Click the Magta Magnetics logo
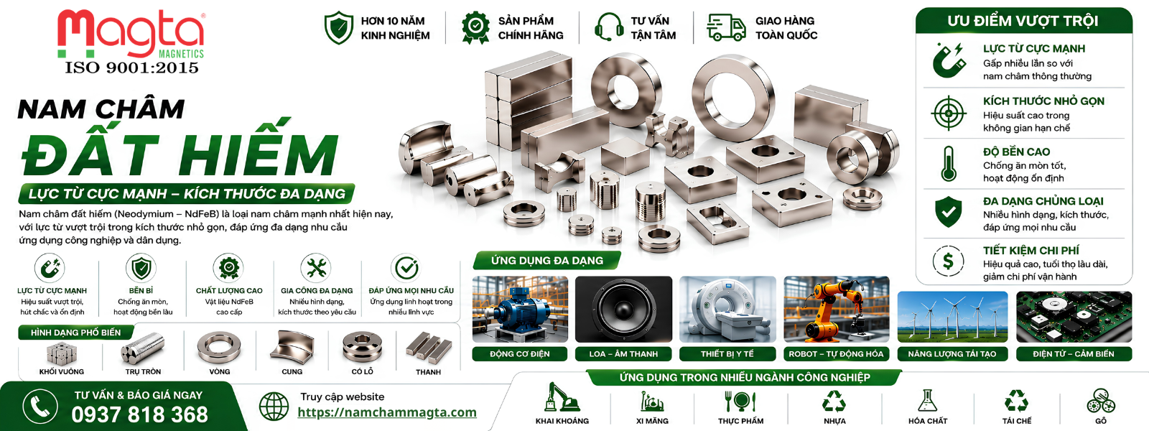(131, 34)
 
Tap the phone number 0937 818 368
(139, 414)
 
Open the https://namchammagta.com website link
(387, 412)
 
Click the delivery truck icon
(726, 27)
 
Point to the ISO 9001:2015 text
(132, 68)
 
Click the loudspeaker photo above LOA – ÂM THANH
(623, 310)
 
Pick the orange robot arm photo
(836, 310)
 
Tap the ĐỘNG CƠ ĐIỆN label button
(520, 354)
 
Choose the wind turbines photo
(952, 317)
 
